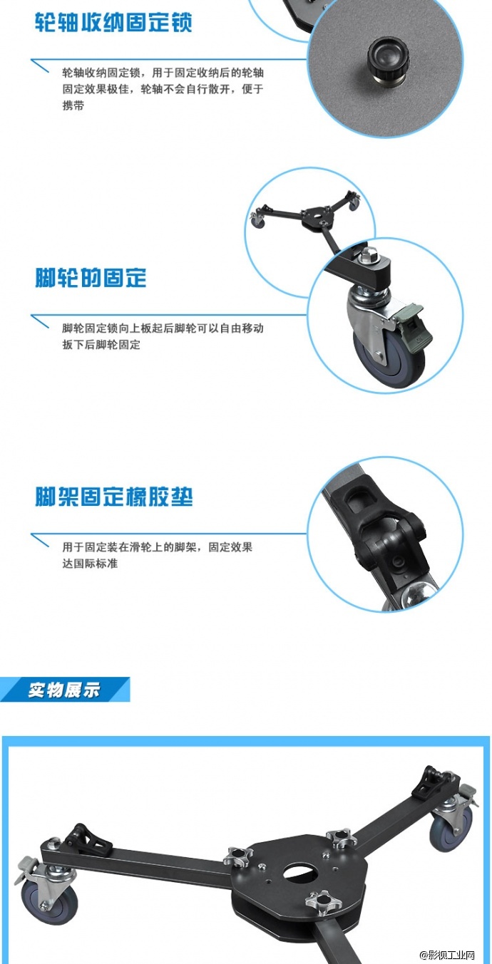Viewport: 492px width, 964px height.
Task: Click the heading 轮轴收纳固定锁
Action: pyautogui.click(x=114, y=23)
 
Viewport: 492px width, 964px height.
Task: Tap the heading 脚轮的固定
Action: pyautogui.click(x=91, y=277)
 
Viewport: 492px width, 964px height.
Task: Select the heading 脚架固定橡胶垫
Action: pyautogui.click(x=114, y=497)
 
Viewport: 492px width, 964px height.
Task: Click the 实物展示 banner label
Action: pyautogui.click(x=64, y=690)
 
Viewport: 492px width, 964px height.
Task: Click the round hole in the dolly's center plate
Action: pyautogui.click(x=300, y=874)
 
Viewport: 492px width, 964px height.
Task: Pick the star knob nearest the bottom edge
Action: pyautogui.click(x=322, y=904)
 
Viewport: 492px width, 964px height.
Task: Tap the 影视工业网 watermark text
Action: pyautogui.click(x=456, y=954)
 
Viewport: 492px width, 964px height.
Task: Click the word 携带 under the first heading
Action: pyautogui.click(x=73, y=105)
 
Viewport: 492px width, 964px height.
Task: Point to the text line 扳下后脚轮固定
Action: pyautogui.click(x=101, y=345)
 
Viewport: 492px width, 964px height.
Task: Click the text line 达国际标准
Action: pyautogui.click(x=90, y=564)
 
